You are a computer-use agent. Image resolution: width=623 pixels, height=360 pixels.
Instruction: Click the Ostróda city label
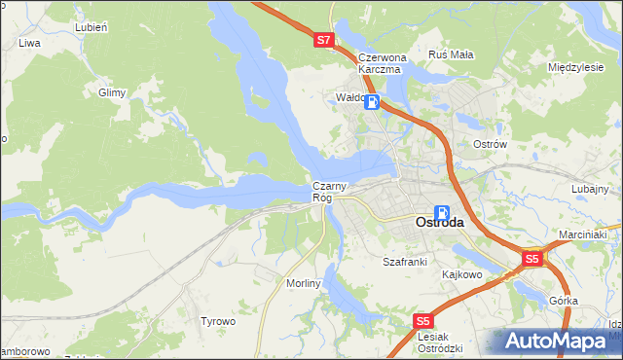click(439, 223)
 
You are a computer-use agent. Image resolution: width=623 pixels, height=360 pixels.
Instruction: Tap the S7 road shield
click(325, 41)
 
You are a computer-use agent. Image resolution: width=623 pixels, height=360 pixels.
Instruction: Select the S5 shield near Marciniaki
click(531, 260)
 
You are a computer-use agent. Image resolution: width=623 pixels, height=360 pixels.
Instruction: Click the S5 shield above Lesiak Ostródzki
click(422, 321)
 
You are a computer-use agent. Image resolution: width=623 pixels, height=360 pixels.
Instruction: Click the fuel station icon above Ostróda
click(442, 212)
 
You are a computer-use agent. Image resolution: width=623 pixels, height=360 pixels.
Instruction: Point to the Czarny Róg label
click(323, 192)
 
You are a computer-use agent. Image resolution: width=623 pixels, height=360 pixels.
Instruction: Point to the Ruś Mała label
click(452, 54)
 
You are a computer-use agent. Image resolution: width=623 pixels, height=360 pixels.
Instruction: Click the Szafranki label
click(405, 262)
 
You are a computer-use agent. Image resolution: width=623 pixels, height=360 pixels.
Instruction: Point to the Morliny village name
click(303, 282)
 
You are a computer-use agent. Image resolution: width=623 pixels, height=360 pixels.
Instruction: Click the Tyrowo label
click(218, 321)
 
